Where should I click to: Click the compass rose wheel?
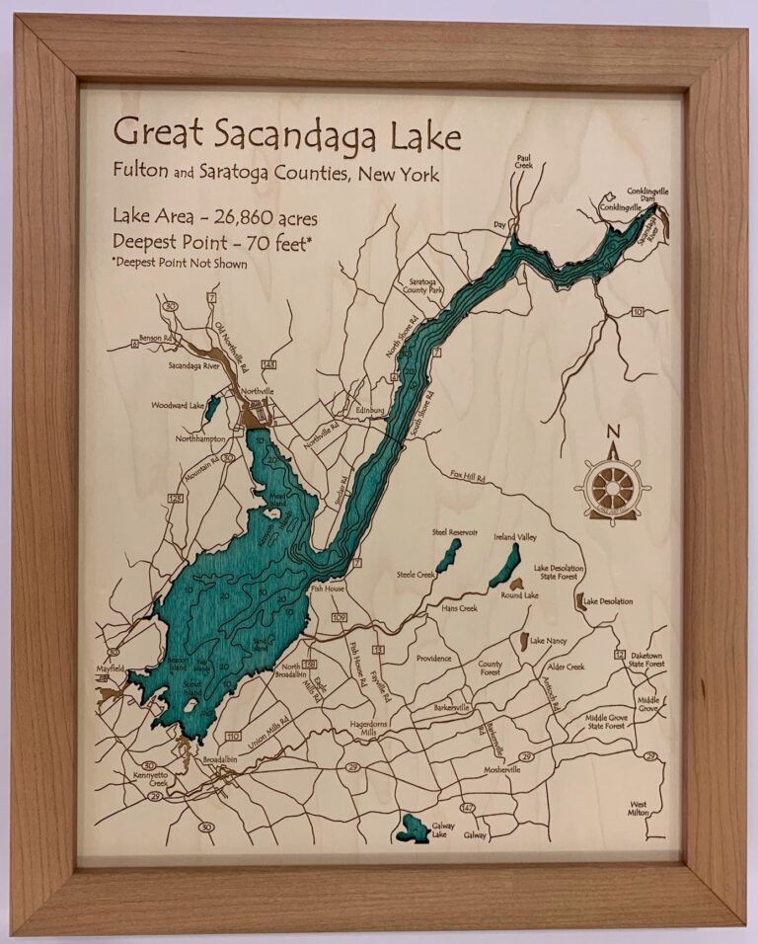click(612, 487)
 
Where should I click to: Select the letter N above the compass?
click(612, 432)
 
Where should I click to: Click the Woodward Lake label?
click(177, 405)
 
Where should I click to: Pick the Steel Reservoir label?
click(454, 532)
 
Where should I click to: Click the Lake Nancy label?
click(550, 641)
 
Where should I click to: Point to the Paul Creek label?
click(524, 161)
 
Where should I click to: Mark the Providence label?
click(433, 658)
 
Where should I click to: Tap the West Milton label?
click(645, 809)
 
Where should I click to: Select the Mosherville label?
click(501, 769)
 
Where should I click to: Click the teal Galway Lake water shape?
click(411, 828)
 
